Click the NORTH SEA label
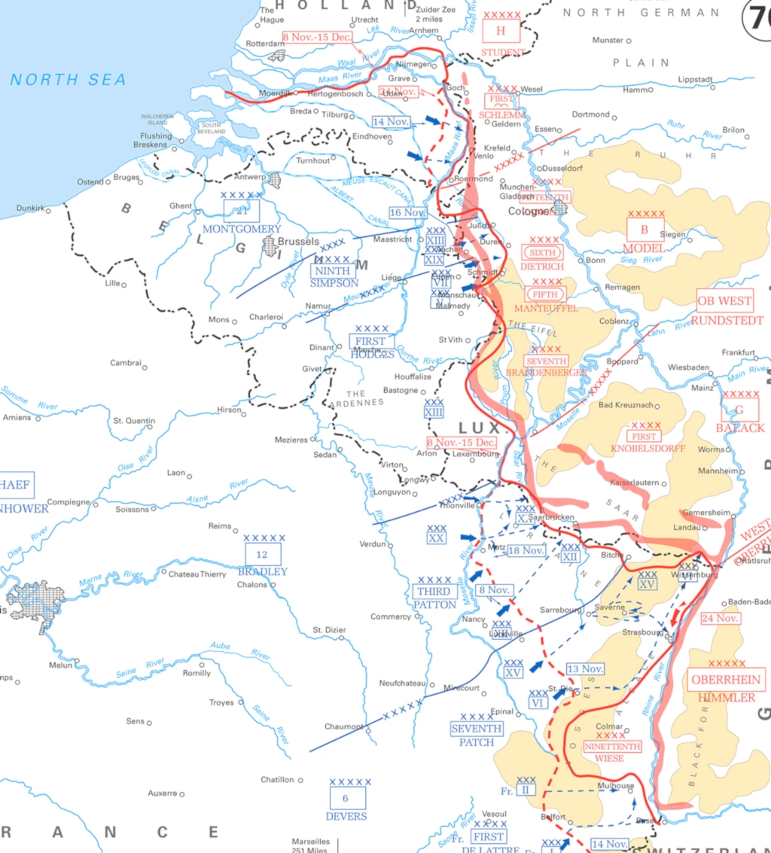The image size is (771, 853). pos(68,80)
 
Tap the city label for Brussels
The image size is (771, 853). pos(299,242)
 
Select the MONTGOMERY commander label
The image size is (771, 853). pos(241,229)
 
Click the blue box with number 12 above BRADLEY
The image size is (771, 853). pos(263,555)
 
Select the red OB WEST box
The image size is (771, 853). pos(724,300)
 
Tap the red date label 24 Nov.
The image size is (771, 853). pos(721,618)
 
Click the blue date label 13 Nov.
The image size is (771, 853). pos(585,669)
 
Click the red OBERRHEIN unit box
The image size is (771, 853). pos(726,680)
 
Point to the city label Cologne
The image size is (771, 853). pos(529,212)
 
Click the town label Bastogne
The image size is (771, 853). pos(400,390)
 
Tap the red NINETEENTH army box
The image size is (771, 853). pos(612,747)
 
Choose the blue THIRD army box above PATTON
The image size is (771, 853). pos(434,592)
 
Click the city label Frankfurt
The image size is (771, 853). pos(738,352)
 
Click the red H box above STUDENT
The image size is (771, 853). pos(501,32)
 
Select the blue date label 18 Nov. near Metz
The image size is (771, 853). pos(526,550)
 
